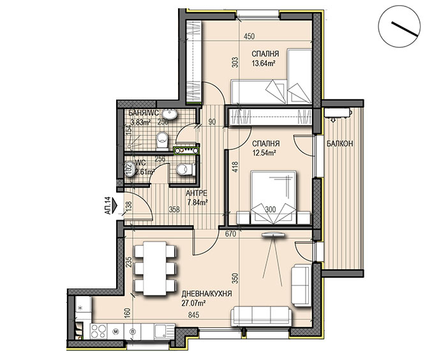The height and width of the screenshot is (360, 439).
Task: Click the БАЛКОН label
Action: [x=339, y=144]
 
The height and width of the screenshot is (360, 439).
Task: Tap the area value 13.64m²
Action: [x=263, y=63]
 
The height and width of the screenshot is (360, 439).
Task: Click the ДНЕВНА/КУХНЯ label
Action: [x=207, y=294]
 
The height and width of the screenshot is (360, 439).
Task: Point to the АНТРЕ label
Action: [x=197, y=193]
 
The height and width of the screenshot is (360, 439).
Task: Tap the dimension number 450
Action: [x=249, y=36]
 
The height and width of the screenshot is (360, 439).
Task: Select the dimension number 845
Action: [x=193, y=315]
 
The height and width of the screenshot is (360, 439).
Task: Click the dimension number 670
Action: [x=231, y=234]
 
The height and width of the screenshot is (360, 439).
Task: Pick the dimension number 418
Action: [x=235, y=167]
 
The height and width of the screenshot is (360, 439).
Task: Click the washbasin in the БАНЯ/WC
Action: [x=170, y=114]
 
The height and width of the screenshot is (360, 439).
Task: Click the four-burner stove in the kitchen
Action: [x=98, y=331]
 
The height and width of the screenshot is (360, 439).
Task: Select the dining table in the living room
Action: [x=155, y=268]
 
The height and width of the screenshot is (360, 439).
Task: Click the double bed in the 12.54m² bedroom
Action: [x=274, y=197]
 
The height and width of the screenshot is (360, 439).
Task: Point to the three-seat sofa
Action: [x=260, y=317]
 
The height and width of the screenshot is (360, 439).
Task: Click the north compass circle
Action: [x=399, y=26]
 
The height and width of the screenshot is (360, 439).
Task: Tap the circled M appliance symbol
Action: [x=115, y=331]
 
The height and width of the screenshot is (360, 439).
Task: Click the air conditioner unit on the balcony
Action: [x=338, y=113]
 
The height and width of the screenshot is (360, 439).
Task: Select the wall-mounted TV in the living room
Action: [x=272, y=235]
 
